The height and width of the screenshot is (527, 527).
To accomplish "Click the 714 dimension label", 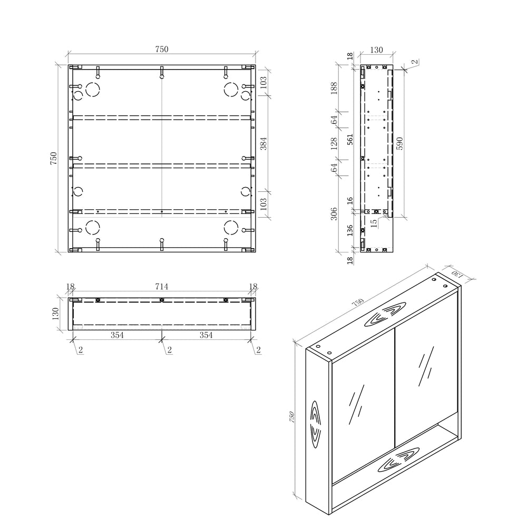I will (x=161, y=287).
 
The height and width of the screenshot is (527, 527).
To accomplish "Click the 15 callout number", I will (x=373, y=222).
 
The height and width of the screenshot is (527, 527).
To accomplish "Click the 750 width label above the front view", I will (x=161, y=49).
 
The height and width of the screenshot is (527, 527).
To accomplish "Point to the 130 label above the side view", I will (x=376, y=50).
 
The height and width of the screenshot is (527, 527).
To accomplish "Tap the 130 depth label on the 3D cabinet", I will (x=456, y=275).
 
